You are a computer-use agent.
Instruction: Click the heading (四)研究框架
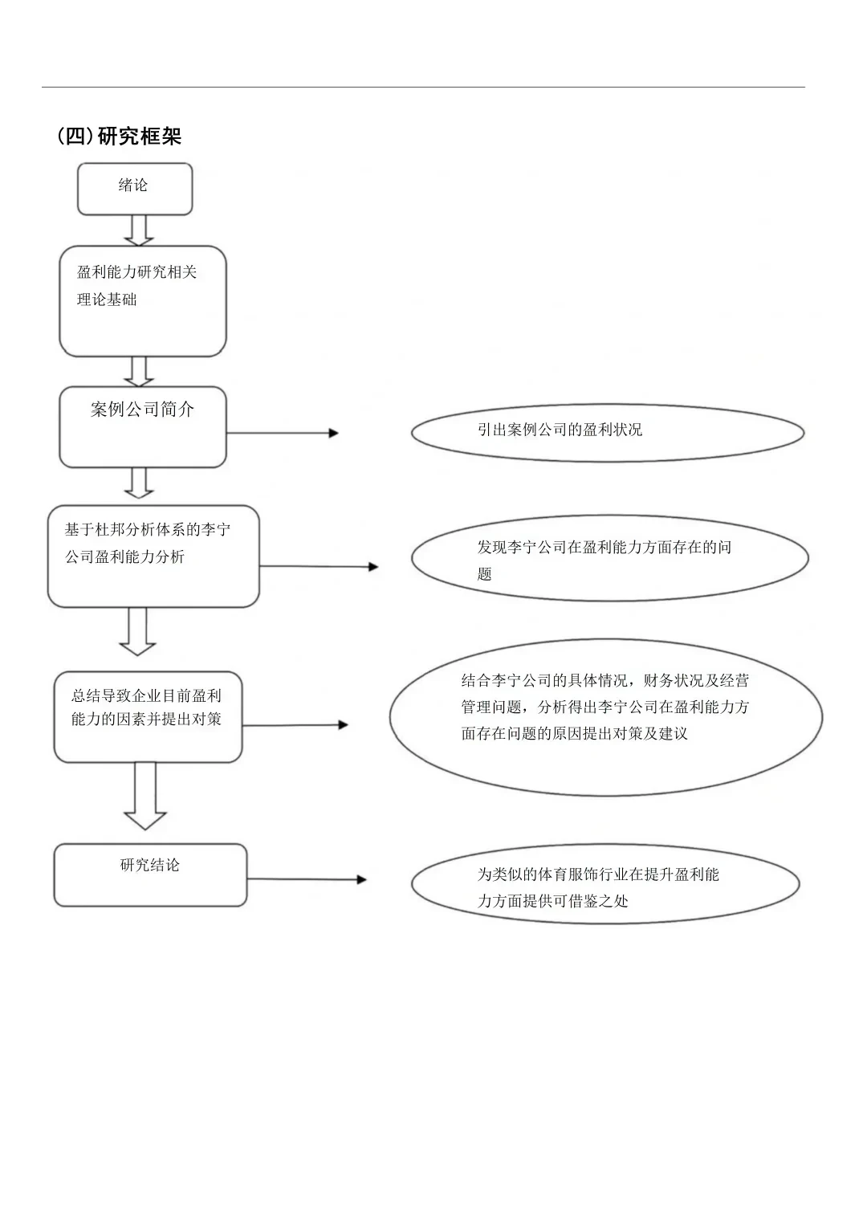[119, 137]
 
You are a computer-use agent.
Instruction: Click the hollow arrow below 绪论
[139, 230]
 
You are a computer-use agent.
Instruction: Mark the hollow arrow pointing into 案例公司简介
[139, 372]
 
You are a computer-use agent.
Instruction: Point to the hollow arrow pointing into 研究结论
[145, 796]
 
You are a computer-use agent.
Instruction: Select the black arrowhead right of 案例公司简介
[333, 434]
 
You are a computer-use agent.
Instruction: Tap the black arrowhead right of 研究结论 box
[361, 880]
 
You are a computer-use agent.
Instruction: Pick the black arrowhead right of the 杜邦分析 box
[373, 567]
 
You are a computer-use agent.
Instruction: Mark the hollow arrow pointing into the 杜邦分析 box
[139, 483]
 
